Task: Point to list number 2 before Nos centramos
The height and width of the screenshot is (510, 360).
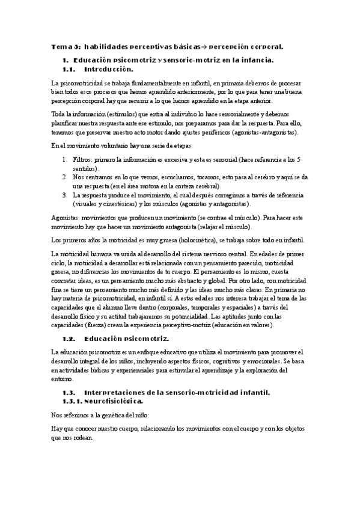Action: tap(65, 177)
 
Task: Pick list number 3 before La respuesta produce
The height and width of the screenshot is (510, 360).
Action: tap(65, 195)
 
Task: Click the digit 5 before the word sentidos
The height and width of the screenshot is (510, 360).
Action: tap(299, 159)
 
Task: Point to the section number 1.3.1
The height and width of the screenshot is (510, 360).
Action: tap(73, 401)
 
